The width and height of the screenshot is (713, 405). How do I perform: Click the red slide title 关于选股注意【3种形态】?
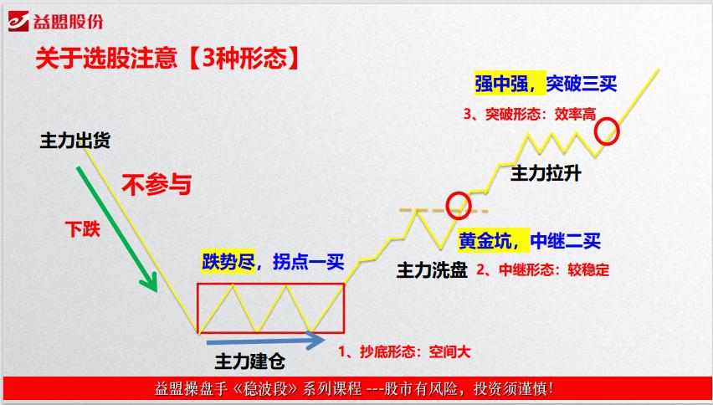coord(167,59)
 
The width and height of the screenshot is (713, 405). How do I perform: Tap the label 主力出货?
coord(75,141)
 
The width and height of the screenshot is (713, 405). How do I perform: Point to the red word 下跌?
coord(83,228)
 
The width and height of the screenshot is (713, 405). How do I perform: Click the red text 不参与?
coord(156,183)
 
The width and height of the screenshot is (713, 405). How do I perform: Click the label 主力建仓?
coord(250,362)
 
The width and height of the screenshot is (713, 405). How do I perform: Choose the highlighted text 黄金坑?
coord(489,241)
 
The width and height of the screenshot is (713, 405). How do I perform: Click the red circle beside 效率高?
coord(608,131)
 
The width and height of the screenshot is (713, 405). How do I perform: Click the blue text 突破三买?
coord(582,83)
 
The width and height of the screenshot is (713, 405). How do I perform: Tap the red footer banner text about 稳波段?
coord(355,389)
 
